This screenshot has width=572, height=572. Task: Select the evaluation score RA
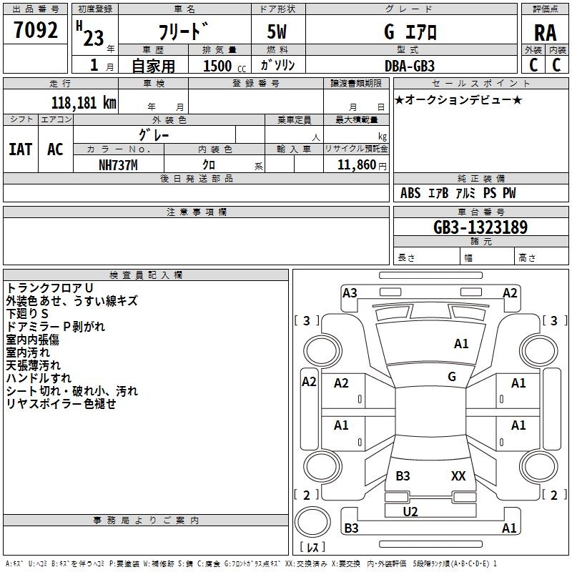[545, 32]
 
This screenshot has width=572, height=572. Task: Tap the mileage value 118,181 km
[84, 102]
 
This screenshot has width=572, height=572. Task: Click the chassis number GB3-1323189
[480, 228]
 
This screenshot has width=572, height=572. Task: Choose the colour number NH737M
[117, 165]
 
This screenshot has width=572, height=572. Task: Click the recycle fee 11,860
[355, 165]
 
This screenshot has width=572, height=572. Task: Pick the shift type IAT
[20, 149]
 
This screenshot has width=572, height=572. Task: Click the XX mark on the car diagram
[458, 475]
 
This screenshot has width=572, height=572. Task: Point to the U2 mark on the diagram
[410, 511]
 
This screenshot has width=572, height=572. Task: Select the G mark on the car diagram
[452, 376]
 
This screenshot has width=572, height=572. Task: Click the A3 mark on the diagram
[350, 292]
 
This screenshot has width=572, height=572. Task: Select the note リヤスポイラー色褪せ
[61, 404]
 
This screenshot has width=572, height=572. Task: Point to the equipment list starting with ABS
[458, 193]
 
